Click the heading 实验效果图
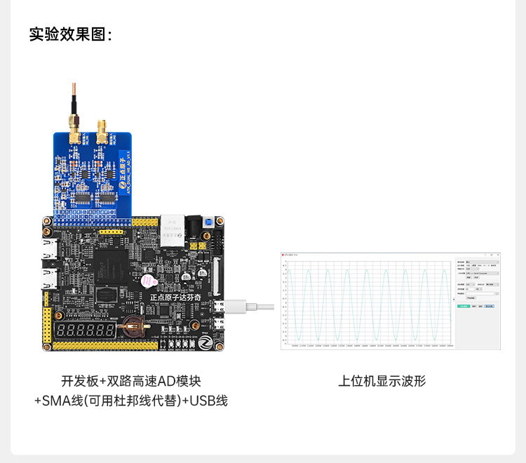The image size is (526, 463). click(70, 34)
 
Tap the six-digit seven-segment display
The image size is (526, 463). click(86, 330)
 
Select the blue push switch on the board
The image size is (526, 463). click(208, 222)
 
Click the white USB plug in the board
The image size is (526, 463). click(236, 307)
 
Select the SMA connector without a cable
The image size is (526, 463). click(102, 130)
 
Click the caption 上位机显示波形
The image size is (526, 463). click(382, 381)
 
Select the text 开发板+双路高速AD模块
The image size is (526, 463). click(131, 381)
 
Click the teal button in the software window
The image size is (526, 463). click(462, 307)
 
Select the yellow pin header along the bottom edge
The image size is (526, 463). click(105, 346)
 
